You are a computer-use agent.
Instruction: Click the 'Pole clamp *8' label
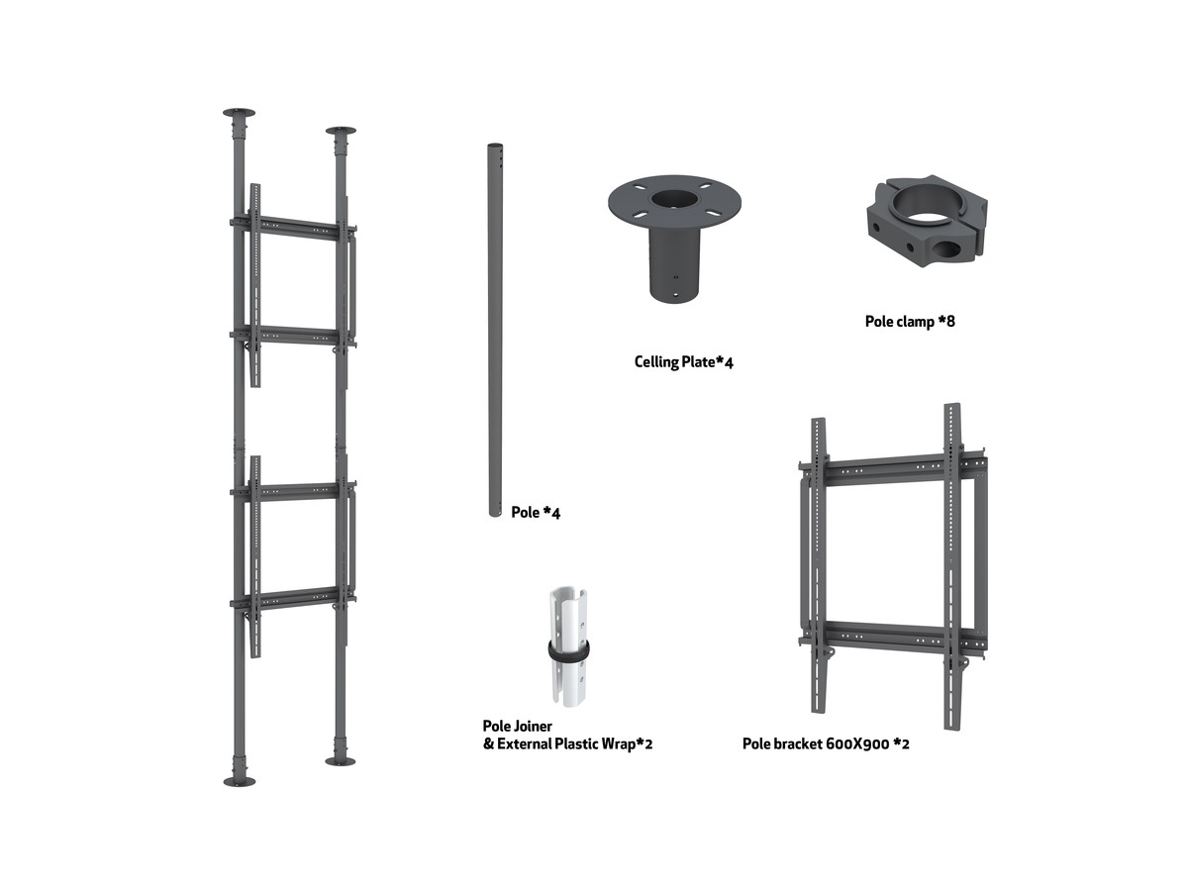pyautogui.click(x=910, y=322)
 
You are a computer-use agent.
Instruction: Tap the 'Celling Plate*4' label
pyautogui.click(x=683, y=362)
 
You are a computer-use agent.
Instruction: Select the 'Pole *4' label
pyautogui.click(x=536, y=512)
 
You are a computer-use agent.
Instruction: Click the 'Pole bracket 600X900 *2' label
pyautogui.click(x=826, y=743)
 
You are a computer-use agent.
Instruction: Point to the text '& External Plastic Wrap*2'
pyautogui.click(x=567, y=743)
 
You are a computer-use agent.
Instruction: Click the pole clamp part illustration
pyautogui.click(x=927, y=221)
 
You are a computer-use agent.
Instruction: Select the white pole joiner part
pyautogui.click(x=567, y=646)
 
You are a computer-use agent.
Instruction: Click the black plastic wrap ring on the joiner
pyautogui.click(x=567, y=651)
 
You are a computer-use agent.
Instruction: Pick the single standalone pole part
pyautogui.click(x=495, y=330)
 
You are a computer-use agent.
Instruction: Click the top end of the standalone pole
pyautogui.click(x=495, y=146)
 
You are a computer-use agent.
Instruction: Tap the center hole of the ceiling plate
pyautogui.click(x=674, y=200)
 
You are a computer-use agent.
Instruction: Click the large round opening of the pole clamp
pyautogui.click(x=927, y=206)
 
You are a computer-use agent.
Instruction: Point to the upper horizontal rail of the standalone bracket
pyautogui.click(x=892, y=468)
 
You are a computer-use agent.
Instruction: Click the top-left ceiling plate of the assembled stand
pyautogui.click(x=239, y=113)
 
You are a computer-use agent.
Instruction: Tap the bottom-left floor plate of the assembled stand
pyautogui.click(x=240, y=782)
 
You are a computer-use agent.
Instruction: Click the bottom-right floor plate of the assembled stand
pyautogui.click(x=341, y=761)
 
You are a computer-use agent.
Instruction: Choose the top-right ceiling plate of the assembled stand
pyautogui.click(x=341, y=131)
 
